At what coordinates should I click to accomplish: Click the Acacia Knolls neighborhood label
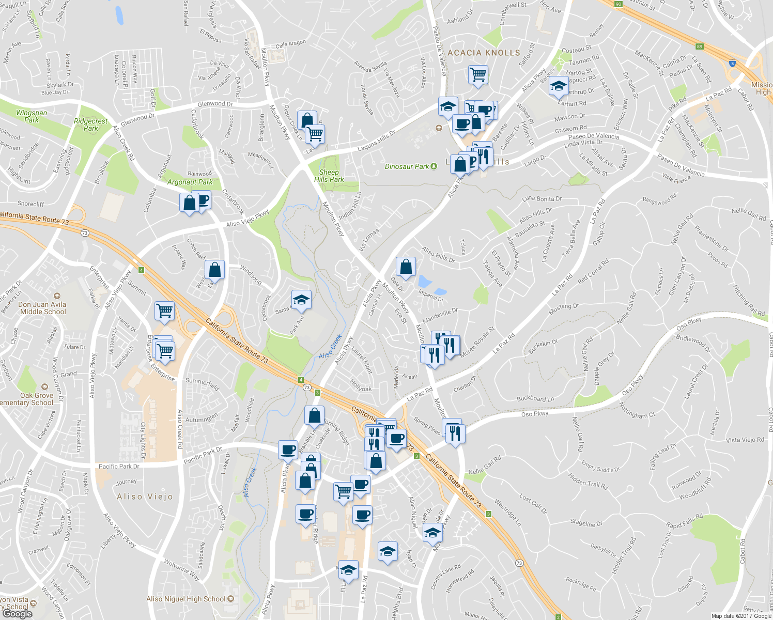click(x=484, y=53)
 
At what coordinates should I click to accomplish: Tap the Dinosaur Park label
click(x=407, y=166)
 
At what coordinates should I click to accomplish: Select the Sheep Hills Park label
click(x=329, y=176)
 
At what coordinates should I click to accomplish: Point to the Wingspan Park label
click(x=32, y=116)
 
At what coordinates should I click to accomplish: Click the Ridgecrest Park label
click(x=91, y=125)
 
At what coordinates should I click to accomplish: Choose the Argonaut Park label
click(x=190, y=182)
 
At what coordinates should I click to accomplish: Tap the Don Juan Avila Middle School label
click(x=43, y=308)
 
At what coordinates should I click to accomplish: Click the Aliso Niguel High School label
click(x=186, y=599)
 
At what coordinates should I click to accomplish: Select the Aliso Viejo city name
click(x=145, y=497)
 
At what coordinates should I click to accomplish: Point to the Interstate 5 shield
click(x=732, y=64)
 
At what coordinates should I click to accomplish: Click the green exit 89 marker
click(x=700, y=47)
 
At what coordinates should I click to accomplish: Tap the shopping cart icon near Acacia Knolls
click(x=478, y=74)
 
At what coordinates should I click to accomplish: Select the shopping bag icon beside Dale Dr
click(x=406, y=267)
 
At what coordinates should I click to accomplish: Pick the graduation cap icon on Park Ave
click(x=301, y=300)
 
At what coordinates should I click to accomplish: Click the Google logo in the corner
click(x=17, y=614)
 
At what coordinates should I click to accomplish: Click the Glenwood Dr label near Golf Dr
click(x=215, y=104)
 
